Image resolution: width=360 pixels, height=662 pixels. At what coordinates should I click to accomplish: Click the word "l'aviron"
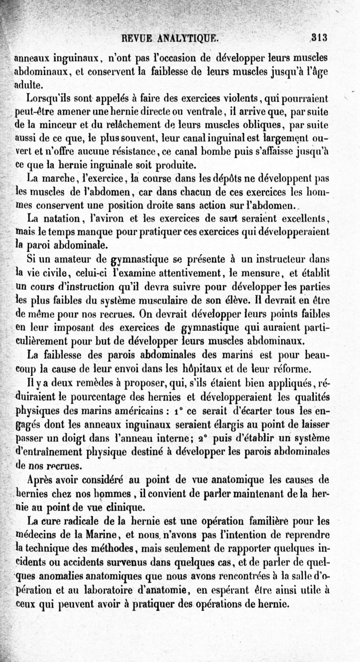tap(103, 219)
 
